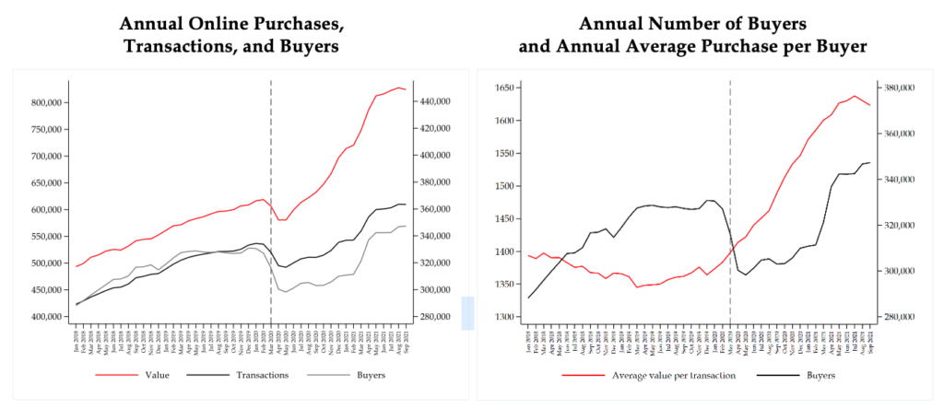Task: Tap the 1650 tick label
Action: [x=508, y=88]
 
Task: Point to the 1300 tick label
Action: [x=508, y=317]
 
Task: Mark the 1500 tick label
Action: [x=508, y=186]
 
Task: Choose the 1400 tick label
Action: [x=508, y=251]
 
